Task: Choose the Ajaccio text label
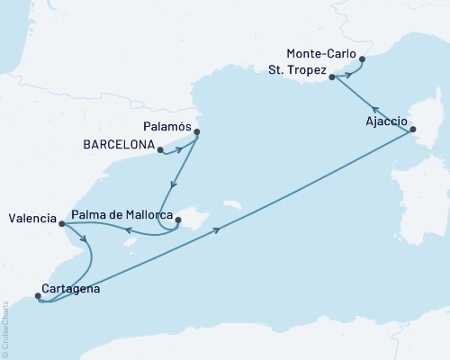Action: tap(386, 121)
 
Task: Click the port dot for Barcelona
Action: tap(159, 150)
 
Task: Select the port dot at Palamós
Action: tap(196, 133)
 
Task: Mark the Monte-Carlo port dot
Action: tap(362, 60)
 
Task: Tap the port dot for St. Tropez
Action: tap(333, 78)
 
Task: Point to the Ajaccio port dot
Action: tap(413, 130)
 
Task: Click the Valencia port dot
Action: tap(61, 224)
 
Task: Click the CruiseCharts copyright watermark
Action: tap(6, 324)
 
